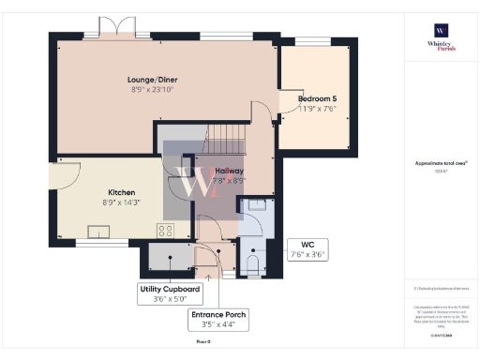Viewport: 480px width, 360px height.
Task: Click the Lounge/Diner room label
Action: click(x=155, y=80)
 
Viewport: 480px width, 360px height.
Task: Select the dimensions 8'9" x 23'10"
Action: click(x=155, y=90)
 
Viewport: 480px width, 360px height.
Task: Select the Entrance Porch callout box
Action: click(x=218, y=320)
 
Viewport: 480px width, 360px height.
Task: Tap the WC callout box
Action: click(x=307, y=248)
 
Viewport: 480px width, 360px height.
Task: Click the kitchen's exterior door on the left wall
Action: click(x=58, y=177)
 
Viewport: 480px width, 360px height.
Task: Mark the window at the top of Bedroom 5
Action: click(x=309, y=40)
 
